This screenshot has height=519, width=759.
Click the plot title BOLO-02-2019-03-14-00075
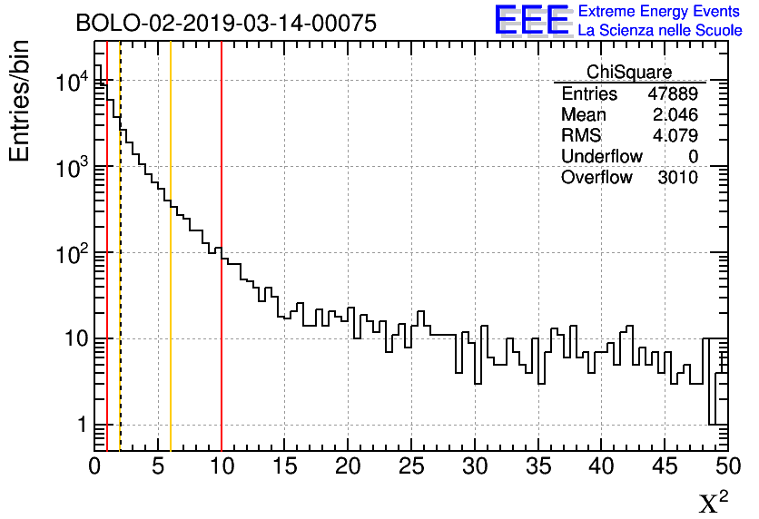(x=226, y=24)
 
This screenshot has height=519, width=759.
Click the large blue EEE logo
(x=532, y=20)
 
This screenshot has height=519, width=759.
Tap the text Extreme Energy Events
(x=660, y=12)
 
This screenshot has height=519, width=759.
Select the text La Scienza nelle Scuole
(x=660, y=31)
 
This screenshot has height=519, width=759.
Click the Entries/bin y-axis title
(x=20, y=101)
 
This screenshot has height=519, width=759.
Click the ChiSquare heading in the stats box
(x=629, y=73)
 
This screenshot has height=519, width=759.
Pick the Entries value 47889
(x=673, y=94)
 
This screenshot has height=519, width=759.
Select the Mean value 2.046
(x=675, y=115)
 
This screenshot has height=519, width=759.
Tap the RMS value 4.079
(x=675, y=136)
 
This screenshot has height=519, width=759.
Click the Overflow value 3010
(x=677, y=178)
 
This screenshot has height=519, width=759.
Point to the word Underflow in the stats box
(x=601, y=157)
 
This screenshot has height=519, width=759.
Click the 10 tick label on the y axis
(x=73, y=339)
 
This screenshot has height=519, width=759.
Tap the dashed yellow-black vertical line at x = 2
(x=121, y=272)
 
